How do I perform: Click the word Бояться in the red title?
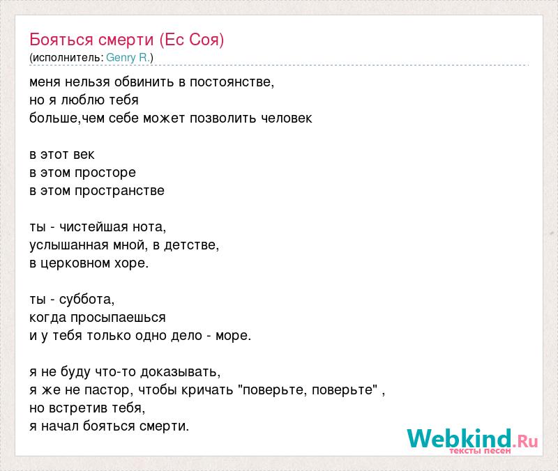click(61, 40)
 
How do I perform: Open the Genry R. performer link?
click(128, 58)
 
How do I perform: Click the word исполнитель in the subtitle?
click(66, 58)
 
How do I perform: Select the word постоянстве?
click(232, 82)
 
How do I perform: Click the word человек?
click(287, 118)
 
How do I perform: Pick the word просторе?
click(105, 173)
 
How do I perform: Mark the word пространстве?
click(119, 191)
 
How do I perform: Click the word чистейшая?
click(93, 227)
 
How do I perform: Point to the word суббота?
click(86, 300)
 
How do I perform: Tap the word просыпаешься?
click(118, 318)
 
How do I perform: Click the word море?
click(233, 336)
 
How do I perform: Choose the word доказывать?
click(181, 372)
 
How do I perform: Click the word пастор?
click(109, 390)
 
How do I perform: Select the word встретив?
click(78, 408)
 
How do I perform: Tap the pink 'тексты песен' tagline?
click(480, 451)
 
